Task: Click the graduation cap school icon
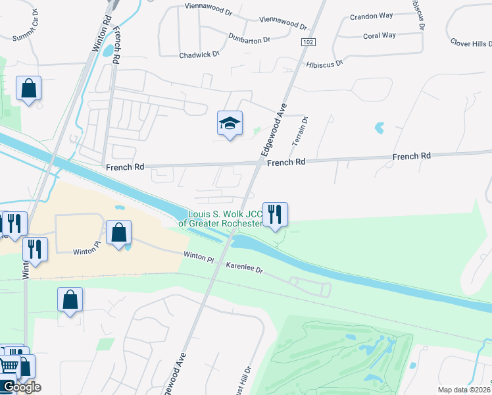(x=230, y=123)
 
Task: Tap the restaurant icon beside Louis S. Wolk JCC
(x=275, y=214)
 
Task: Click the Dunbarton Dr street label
(x=249, y=39)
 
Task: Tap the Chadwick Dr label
(x=199, y=55)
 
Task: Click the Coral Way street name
(x=380, y=36)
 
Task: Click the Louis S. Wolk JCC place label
(x=225, y=218)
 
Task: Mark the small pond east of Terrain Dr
(x=379, y=127)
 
